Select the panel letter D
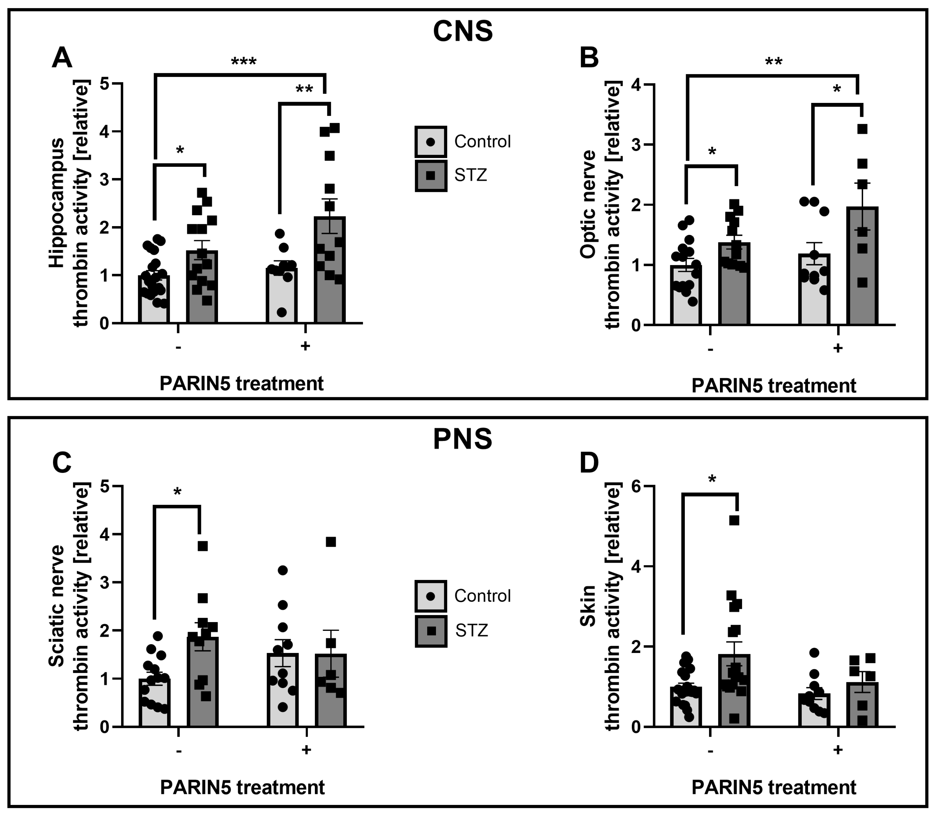tap(589, 463)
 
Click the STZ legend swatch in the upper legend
tap(431, 176)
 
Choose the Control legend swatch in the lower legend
tap(431, 596)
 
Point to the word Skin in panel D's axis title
tap(588, 606)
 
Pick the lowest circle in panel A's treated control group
tap(282, 312)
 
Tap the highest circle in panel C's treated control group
tap(283, 570)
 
